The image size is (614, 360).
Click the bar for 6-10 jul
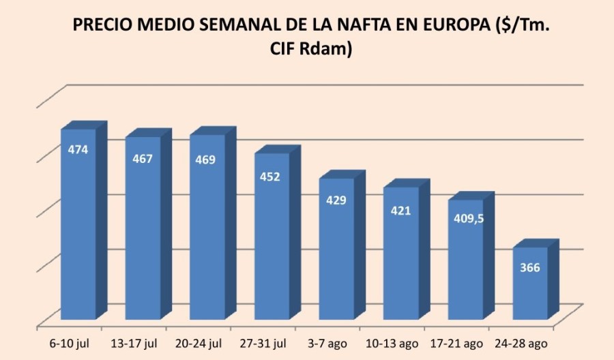coord(78,225)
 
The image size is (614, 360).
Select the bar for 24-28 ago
coord(530,283)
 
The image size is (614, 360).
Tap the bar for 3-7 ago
coord(336,249)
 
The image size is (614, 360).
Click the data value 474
coord(78,149)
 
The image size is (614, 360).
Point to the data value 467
coord(143,159)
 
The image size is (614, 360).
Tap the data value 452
coord(270,177)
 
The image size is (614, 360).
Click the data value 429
coord(336,200)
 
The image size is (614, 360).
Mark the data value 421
coord(400,211)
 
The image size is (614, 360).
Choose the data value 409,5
coord(465,220)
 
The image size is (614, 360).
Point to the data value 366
coord(530,268)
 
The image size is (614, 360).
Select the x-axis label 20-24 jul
coord(207,342)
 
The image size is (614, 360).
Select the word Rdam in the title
coord(330,50)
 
